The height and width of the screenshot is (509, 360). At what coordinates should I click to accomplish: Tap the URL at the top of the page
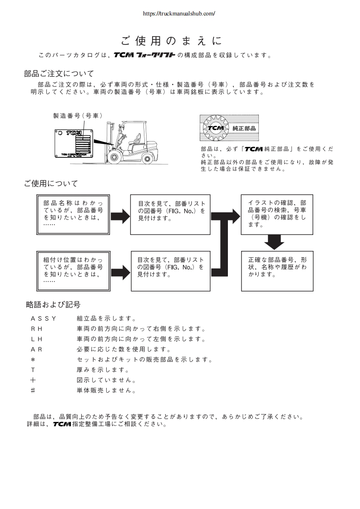[179, 14]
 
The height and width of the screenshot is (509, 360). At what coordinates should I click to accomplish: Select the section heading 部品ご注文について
[59, 73]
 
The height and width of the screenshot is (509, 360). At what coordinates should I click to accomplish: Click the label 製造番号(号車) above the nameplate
[78, 116]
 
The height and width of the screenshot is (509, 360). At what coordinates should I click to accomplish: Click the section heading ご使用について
[51, 183]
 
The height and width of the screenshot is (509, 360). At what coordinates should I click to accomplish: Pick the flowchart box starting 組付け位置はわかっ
[73, 270]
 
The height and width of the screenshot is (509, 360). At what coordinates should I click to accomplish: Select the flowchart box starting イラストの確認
[276, 214]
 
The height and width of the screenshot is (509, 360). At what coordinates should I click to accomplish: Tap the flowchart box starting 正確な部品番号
[276, 270]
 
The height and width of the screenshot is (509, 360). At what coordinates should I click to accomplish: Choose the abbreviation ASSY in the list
[44, 318]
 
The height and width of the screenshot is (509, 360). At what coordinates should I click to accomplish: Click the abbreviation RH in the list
[36, 329]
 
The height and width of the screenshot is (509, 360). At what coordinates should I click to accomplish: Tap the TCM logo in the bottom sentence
[62, 425]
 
